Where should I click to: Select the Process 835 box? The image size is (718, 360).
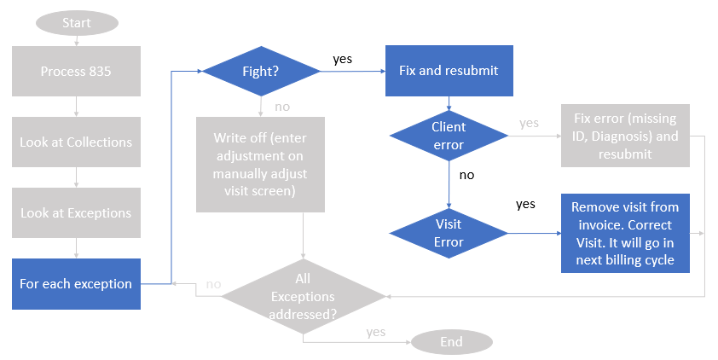tap(76, 72)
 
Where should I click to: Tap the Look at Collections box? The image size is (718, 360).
tap(76, 142)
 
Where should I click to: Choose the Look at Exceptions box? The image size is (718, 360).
tap(76, 212)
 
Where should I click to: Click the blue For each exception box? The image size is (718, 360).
tap(76, 283)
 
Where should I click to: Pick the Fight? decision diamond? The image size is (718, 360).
tap(260, 72)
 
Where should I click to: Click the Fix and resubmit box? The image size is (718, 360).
tap(449, 71)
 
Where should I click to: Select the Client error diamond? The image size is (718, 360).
tap(449, 136)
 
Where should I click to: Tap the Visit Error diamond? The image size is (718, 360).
tap(449, 233)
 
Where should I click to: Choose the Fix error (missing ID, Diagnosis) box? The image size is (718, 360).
tap(625, 136)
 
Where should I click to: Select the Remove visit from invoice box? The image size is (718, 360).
tap(625, 233)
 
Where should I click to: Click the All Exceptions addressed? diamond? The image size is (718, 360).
tap(303, 296)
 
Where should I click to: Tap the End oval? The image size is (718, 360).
tap(451, 342)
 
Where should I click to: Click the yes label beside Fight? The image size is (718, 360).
tap(342, 59)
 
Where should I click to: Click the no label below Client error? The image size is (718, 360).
tap(466, 176)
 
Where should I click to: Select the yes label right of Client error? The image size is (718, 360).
tap(529, 123)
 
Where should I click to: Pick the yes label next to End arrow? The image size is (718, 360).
tap(375, 331)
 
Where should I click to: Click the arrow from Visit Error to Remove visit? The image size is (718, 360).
tap(534, 233)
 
